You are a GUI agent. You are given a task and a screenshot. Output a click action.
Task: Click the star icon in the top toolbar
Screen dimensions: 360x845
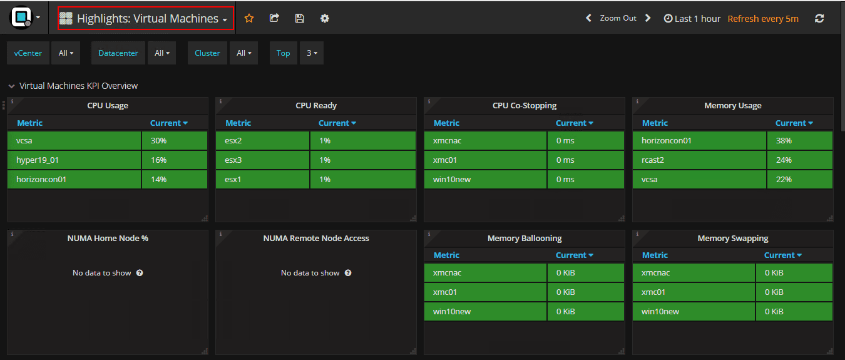click(249, 18)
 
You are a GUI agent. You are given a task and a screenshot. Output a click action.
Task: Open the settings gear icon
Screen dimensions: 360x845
click(324, 18)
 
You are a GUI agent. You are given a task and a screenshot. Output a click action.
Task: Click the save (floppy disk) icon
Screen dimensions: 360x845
click(299, 18)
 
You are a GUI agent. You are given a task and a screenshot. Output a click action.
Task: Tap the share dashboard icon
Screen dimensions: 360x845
click(274, 18)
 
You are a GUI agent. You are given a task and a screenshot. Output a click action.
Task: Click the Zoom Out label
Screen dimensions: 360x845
click(618, 18)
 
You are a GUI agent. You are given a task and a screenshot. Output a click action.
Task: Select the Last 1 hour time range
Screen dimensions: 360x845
click(692, 19)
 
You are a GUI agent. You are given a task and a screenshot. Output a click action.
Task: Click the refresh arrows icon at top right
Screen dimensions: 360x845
click(819, 19)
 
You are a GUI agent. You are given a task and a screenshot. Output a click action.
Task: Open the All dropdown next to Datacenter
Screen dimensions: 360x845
click(161, 53)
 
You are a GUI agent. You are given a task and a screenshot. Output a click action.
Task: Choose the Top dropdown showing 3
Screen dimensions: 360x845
click(311, 53)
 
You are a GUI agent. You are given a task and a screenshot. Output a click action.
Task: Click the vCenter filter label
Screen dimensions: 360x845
click(28, 53)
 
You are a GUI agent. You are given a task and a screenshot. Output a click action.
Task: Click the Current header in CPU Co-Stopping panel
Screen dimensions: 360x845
click(574, 123)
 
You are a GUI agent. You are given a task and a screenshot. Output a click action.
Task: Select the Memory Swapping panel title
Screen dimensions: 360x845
click(732, 238)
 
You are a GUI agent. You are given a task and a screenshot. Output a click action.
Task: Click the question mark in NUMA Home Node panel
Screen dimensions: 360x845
click(140, 273)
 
